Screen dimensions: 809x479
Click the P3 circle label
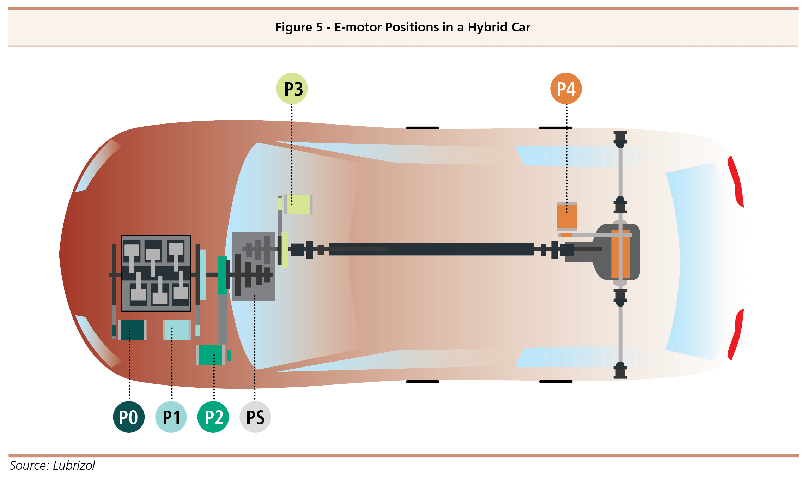click(x=292, y=89)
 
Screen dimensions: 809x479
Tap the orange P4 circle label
click(x=566, y=89)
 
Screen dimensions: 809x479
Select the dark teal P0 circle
click(x=129, y=417)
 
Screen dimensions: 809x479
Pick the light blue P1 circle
click(x=171, y=417)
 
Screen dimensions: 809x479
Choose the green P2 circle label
click(x=213, y=417)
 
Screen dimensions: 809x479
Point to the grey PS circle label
click(x=255, y=417)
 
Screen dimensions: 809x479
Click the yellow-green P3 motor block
click(x=298, y=204)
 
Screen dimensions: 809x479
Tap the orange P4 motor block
click(x=567, y=217)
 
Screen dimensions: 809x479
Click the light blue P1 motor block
click(x=177, y=330)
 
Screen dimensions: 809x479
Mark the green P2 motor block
click(x=210, y=355)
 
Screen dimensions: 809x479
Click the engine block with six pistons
click(x=156, y=273)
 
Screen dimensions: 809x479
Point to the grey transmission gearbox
click(x=253, y=267)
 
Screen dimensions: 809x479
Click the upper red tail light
click(x=736, y=182)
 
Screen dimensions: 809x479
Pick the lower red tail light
click(x=736, y=334)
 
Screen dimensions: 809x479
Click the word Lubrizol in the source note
click(x=74, y=466)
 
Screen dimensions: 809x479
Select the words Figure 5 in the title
click(x=299, y=27)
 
